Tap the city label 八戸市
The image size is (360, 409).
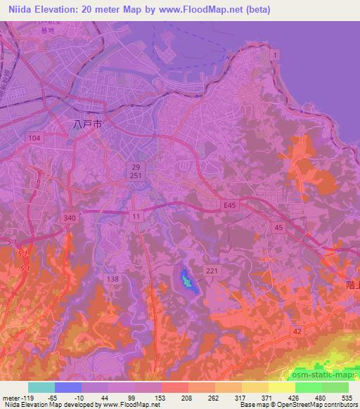point(88,123)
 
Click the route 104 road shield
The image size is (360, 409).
point(34,138)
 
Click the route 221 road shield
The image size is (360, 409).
point(212,271)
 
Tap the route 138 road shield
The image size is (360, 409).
point(112,279)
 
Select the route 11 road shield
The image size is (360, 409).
point(135,217)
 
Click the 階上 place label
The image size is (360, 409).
point(353,285)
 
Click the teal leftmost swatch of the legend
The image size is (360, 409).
point(41,387)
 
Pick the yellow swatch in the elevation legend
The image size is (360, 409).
point(281,387)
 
